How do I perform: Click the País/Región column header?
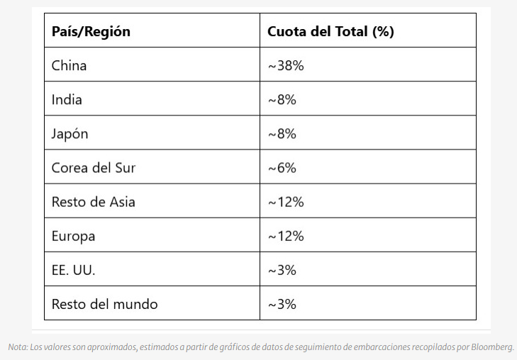pyautogui.click(x=91, y=32)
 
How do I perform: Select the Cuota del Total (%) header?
pyautogui.click(x=330, y=32)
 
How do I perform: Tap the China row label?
pyautogui.click(x=70, y=66)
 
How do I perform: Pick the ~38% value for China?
pyautogui.click(x=286, y=66)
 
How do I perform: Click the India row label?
pyautogui.click(x=67, y=100)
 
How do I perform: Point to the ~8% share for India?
pyautogui.click(x=282, y=100)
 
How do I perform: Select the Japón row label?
pyautogui.click(x=70, y=134)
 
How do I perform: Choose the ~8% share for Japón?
pyautogui.click(x=282, y=134)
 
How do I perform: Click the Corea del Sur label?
pyautogui.click(x=93, y=168)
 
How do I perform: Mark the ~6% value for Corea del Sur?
pyautogui.click(x=282, y=168)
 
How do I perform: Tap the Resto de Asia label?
pyautogui.click(x=93, y=202)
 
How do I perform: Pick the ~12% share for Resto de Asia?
pyautogui.click(x=286, y=202)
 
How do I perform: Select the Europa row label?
pyautogui.click(x=73, y=236)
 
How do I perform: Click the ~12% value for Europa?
pyautogui.click(x=286, y=236)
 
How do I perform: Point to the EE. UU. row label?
pyautogui.click(x=74, y=270)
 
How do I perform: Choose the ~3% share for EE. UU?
pyautogui.click(x=282, y=270)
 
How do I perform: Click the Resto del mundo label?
pyautogui.click(x=104, y=304)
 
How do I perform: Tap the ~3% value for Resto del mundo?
pyautogui.click(x=282, y=304)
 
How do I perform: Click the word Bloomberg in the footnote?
pyautogui.click(x=491, y=347)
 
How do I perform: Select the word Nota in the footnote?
pyautogui.click(x=17, y=347)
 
